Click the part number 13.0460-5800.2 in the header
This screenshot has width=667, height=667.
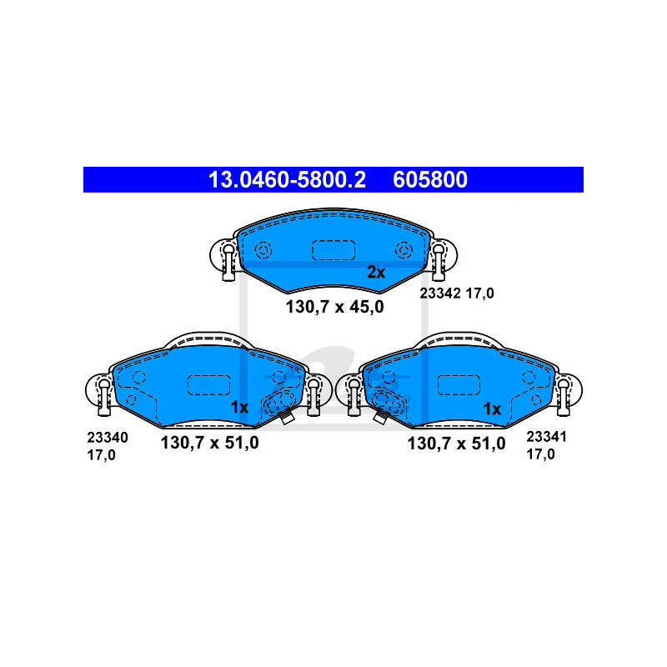pyautogui.click(x=287, y=179)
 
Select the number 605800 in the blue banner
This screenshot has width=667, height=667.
pyautogui.click(x=430, y=179)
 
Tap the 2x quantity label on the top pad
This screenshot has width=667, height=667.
pyautogui.click(x=376, y=273)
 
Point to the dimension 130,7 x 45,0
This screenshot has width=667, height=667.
pyautogui.click(x=335, y=307)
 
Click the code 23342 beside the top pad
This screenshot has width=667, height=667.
pyautogui.click(x=440, y=293)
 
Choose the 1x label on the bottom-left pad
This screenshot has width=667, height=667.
pyautogui.click(x=239, y=408)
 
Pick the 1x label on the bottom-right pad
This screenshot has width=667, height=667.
pyautogui.click(x=492, y=409)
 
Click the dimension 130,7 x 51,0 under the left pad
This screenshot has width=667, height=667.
pyautogui.click(x=210, y=443)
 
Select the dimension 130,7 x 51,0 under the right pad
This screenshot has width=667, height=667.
pyautogui.click(x=456, y=444)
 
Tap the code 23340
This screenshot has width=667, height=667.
pyautogui.click(x=108, y=437)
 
